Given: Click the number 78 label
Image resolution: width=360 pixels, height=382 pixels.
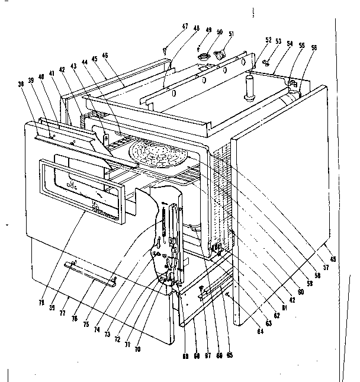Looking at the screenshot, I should (42, 303).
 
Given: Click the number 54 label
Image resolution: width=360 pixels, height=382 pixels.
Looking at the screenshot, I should (290, 44).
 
